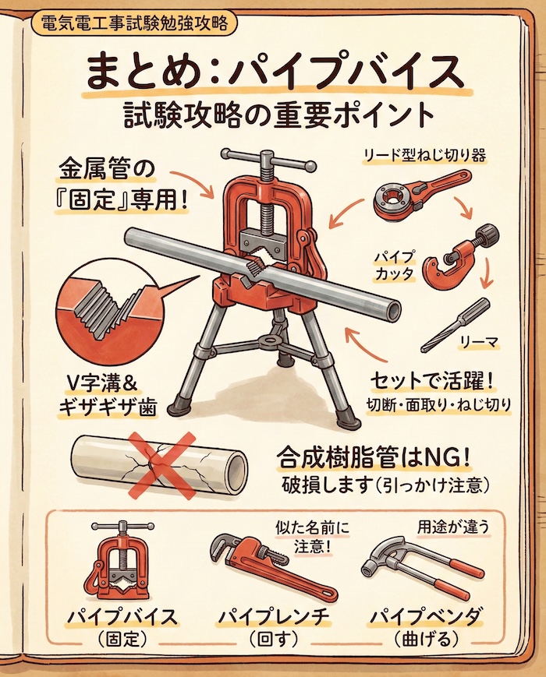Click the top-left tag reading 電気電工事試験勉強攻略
(134, 24)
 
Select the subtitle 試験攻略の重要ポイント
(278, 116)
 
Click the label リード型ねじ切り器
(424, 156)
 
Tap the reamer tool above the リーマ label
(455, 324)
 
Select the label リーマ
(480, 344)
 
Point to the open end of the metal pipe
(392, 312)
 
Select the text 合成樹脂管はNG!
(373, 459)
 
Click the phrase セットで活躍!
(431, 381)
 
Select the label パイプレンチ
(272, 619)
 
